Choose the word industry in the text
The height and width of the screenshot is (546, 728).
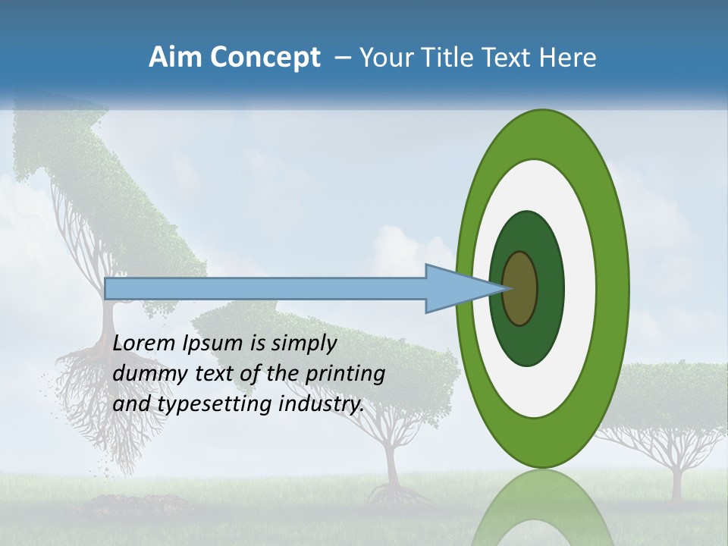point(321,404)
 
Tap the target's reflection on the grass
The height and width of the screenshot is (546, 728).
point(541,508)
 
